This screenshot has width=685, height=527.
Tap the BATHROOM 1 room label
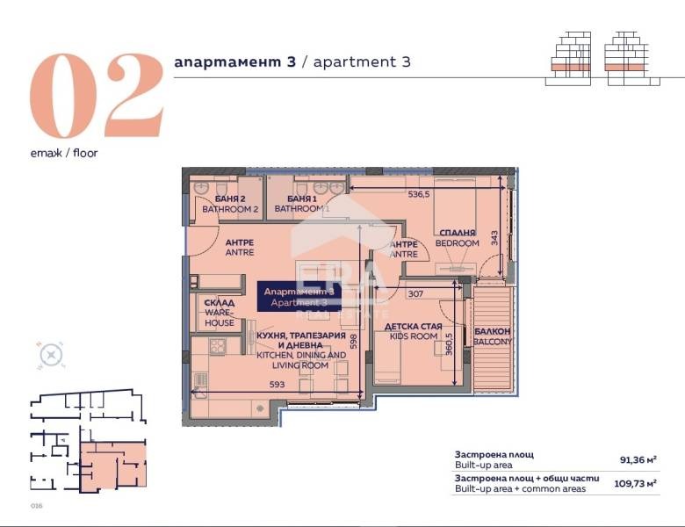[x=301, y=204]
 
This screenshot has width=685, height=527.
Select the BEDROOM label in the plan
[x=458, y=238]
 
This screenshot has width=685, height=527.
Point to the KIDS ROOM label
[x=412, y=330]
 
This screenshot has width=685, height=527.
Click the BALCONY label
[x=492, y=336]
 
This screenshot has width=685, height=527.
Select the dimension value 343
[x=494, y=237]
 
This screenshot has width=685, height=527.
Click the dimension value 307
[x=416, y=294]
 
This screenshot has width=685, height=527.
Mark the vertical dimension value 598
[x=353, y=341]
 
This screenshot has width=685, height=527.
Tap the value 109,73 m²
[x=637, y=483]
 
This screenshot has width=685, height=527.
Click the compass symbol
[x=52, y=355]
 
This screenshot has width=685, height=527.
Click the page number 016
[x=36, y=506]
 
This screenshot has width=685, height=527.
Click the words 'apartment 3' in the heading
[x=362, y=62]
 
